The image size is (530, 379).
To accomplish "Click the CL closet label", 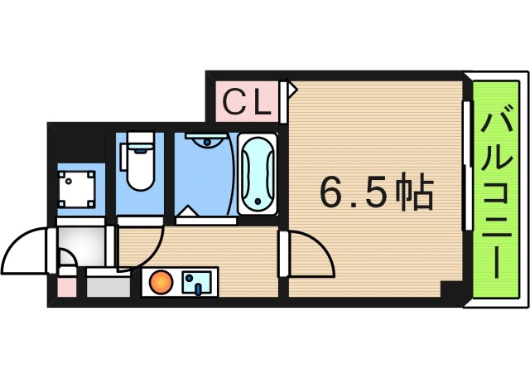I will coord(246,102).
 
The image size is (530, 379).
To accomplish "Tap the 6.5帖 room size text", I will coord(377,193).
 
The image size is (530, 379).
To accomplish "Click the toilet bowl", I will coord(140,171).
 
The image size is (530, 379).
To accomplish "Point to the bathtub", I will coord(258,174).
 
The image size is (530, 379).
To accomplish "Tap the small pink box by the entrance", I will coord(66,286).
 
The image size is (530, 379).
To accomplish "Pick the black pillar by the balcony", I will coord(451,293).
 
